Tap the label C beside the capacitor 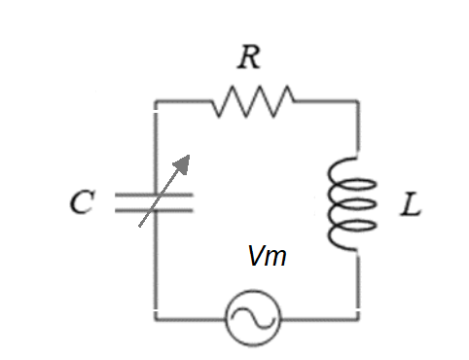81,204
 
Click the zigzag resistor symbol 252,99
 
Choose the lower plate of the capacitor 154,210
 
